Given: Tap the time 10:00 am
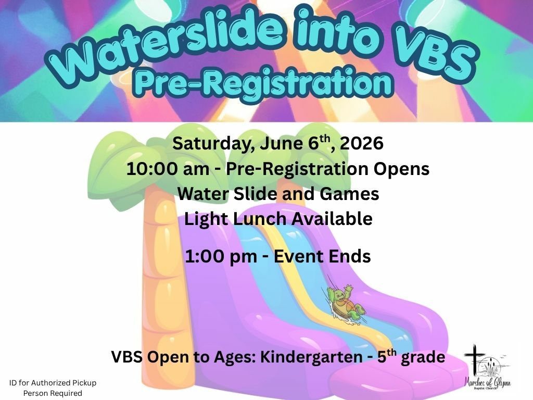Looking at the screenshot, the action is click(x=168, y=169).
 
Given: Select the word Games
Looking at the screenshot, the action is click(x=349, y=194).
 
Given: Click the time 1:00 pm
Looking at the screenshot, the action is click(x=221, y=257).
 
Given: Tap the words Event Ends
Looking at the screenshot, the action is click(x=322, y=256).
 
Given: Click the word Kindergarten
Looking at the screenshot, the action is click(x=311, y=357).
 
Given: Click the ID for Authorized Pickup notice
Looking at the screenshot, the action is click(x=53, y=387).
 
